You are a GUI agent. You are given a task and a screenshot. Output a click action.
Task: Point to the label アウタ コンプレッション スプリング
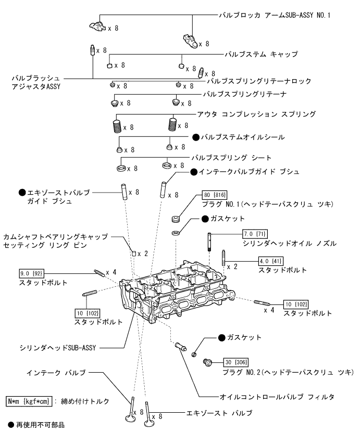click(x=256, y=113)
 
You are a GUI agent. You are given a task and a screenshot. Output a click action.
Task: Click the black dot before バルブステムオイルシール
click(x=196, y=137)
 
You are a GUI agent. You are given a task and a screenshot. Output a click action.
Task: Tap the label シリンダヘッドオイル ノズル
click(x=290, y=243)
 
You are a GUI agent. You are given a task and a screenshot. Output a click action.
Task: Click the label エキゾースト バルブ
click(x=219, y=413)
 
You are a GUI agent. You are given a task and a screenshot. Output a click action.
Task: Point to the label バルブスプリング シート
click(x=231, y=157)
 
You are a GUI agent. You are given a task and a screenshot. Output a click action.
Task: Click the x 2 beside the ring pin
click(x=143, y=253)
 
